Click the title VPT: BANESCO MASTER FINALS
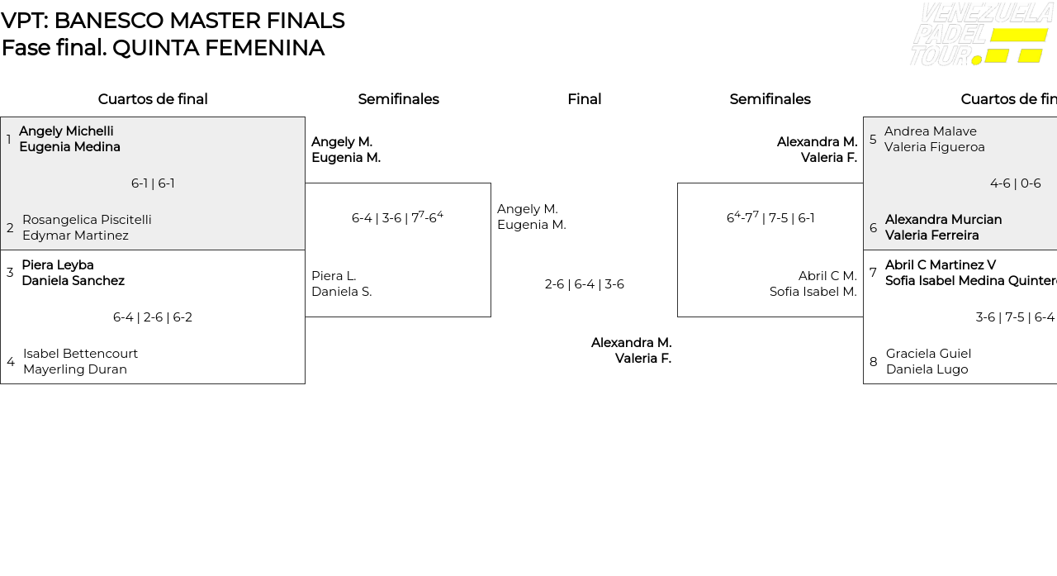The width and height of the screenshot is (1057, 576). tap(173, 21)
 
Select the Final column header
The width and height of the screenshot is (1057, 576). tap(584, 99)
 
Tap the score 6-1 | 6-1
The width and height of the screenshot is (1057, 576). tap(153, 183)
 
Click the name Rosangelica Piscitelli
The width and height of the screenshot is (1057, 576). tap(87, 220)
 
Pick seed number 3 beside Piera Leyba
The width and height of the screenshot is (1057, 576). tap(10, 273)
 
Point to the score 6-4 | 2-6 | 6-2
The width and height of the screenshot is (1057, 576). tap(153, 317)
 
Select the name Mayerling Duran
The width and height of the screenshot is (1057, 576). tap(75, 369)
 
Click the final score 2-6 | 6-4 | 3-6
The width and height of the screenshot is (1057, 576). tap(584, 284)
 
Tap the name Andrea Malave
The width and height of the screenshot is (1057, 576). tap(930, 131)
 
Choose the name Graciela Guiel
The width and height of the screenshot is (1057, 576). tap(928, 354)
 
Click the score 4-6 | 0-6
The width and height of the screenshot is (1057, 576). tap(1015, 183)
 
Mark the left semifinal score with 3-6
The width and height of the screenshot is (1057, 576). tap(397, 218)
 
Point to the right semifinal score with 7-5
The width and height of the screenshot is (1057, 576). tap(770, 218)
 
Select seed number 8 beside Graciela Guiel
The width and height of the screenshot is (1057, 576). tap(873, 362)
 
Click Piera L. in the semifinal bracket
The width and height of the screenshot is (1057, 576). tap(334, 276)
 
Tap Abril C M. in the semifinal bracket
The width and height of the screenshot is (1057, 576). tap(827, 276)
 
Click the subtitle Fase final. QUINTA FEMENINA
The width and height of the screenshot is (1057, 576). tap(163, 48)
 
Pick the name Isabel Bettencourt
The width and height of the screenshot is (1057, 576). tap(80, 354)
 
